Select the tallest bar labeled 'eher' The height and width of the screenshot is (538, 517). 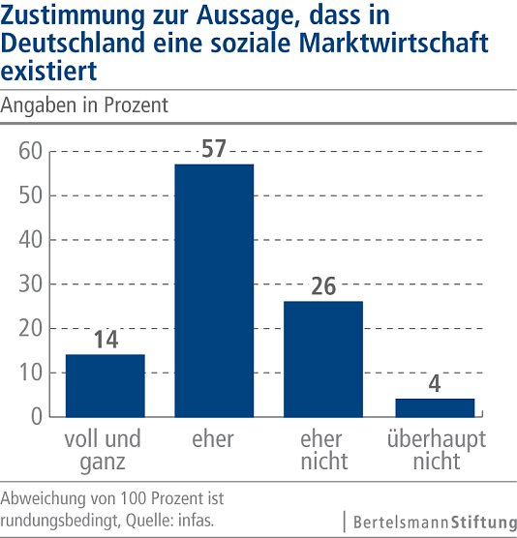[x=213, y=290]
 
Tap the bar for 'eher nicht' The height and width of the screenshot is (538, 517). [x=324, y=358]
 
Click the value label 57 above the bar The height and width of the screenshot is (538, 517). [x=213, y=150]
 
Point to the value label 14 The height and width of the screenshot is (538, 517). [x=105, y=341]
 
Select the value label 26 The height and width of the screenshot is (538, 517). [x=324, y=287]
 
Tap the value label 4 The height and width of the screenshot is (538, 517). [x=436, y=384]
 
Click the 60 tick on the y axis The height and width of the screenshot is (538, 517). [x=29, y=151]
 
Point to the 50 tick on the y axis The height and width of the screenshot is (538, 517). [x=29, y=195]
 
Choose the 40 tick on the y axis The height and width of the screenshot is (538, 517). [x=29, y=240]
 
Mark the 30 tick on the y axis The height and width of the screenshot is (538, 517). [x=29, y=284]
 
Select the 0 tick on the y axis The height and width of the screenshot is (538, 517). [x=36, y=417]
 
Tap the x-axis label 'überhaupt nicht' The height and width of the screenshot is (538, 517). [x=436, y=450]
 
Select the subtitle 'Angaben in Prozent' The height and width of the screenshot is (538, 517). [x=85, y=105]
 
